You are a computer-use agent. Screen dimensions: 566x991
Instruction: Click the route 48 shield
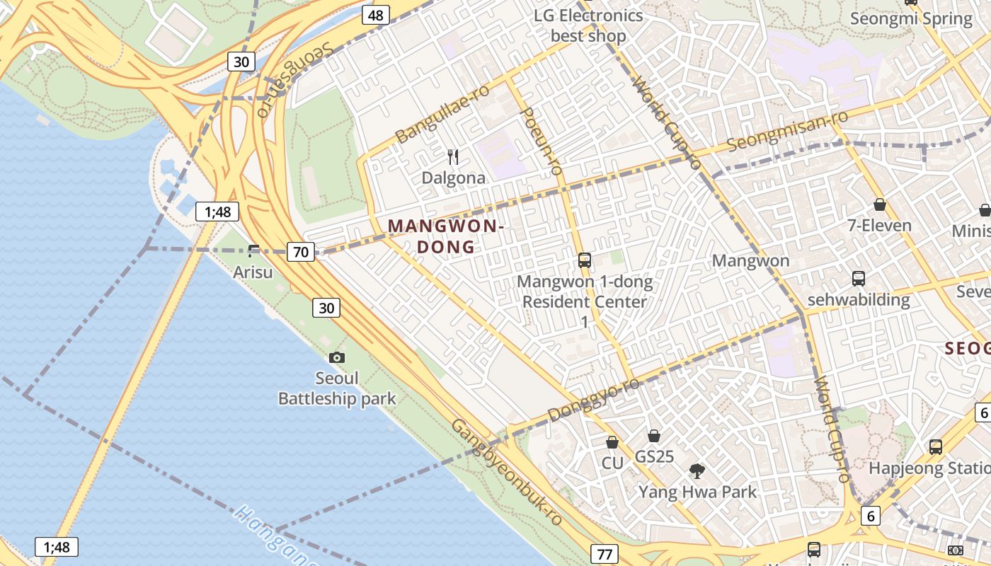pos(376,15)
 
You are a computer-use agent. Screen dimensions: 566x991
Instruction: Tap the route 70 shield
pos(301,251)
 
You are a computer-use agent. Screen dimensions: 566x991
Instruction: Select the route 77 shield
pos(604,554)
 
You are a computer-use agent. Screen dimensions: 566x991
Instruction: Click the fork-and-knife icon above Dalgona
pos(454,157)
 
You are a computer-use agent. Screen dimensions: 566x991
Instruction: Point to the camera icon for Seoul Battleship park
pos(337,358)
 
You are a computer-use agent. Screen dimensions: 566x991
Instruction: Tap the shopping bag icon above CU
pos(612,442)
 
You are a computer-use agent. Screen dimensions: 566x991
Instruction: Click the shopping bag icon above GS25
pos(654,436)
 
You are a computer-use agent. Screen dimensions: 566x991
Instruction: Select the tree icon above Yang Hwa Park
pos(697,470)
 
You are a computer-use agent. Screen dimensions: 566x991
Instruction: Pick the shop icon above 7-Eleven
pos(879,204)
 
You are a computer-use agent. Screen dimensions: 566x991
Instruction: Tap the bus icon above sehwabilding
pos(859,278)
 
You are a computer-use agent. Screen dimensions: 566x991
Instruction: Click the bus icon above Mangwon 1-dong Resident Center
pos(585,260)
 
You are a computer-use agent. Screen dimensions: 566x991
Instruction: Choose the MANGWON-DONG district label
pos(446,236)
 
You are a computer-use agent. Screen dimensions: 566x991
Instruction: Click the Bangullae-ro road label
pos(442,113)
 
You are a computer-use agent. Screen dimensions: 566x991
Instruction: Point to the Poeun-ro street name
pos(542,140)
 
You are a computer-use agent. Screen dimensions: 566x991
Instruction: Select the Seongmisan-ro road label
pos(787,131)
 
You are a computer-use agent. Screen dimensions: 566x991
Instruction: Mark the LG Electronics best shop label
pos(588,25)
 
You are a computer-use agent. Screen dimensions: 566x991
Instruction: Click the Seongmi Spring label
pos(911,18)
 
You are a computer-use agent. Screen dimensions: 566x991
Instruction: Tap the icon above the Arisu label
pos(253,250)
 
